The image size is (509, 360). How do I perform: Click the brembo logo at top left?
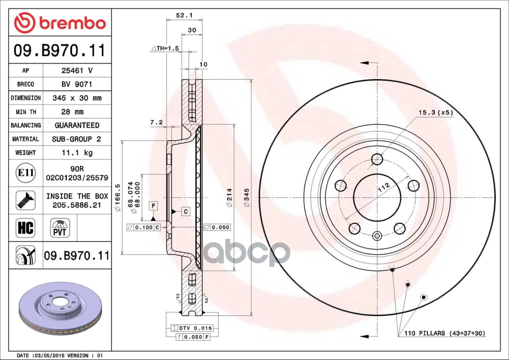tap(60, 23)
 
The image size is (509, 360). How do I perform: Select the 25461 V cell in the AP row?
tap(77, 71)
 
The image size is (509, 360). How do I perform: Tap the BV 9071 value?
tap(77, 84)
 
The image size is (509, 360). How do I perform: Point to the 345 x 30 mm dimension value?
tap(77, 98)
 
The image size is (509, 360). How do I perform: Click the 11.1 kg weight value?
tap(77, 153)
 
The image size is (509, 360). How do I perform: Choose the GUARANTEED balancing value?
tap(77, 125)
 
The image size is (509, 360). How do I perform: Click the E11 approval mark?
tap(25, 173)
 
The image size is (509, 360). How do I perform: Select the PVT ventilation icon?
tap(60, 228)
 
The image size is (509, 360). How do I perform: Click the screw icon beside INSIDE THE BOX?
tap(25, 200)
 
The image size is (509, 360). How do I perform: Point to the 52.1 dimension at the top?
tap(184, 15)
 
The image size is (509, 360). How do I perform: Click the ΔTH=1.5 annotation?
tap(165, 48)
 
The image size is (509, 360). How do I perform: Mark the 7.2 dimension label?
tap(156, 123)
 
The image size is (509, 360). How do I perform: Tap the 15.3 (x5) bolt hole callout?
tap(435, 113)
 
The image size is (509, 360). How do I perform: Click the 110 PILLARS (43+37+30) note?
tap(445, 333)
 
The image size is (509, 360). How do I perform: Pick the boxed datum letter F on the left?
tap(153, 205)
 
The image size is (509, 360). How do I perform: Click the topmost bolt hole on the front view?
tap(377, 159)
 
